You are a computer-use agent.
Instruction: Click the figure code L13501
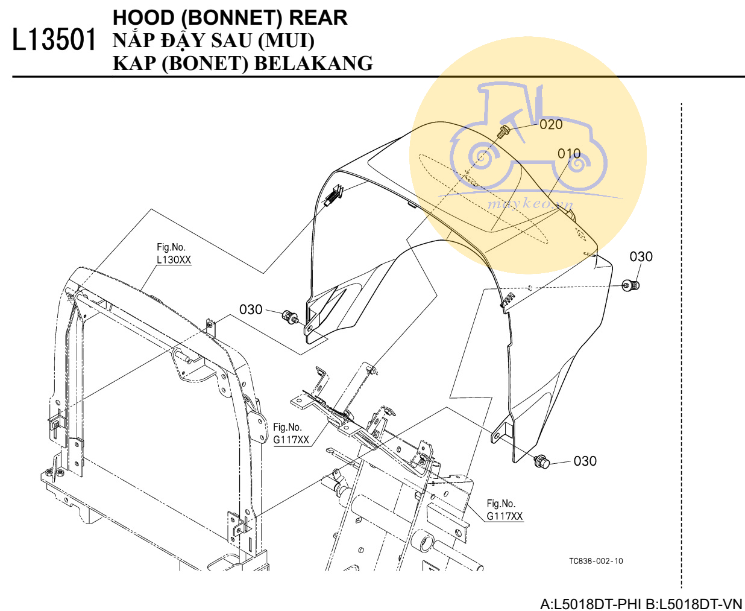coord(54,40)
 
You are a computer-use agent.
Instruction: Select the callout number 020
coord(551,124)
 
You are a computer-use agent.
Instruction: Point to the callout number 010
coord(569,154)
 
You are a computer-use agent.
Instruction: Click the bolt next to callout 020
coord(504,131)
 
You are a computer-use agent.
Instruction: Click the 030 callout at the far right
coord(641,256)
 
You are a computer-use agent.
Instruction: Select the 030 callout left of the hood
coord(251,309)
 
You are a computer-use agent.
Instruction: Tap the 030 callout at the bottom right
coord(585,461)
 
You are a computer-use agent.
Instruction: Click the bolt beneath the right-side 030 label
coord(630,285)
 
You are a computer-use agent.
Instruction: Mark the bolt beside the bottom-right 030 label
coord(542,461)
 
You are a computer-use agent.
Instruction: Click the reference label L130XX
coord(174,260)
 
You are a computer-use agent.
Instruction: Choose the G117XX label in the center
coord(291,440)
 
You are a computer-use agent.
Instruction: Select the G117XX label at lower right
coord(505,516)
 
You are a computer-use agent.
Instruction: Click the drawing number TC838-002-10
coord(596,561)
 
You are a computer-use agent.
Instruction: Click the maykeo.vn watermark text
coord(530,203)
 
